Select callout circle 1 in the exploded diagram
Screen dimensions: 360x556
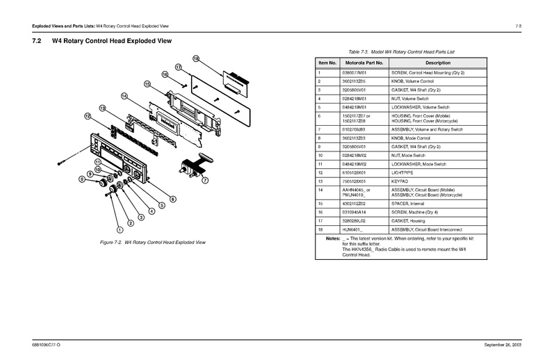click(119, 229)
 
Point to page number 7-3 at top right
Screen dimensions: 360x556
click(518, 26)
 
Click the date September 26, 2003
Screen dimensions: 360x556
click(502, 345)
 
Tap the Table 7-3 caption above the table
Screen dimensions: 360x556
click(397, 51)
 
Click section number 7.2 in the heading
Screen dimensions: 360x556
click(38, 42)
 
